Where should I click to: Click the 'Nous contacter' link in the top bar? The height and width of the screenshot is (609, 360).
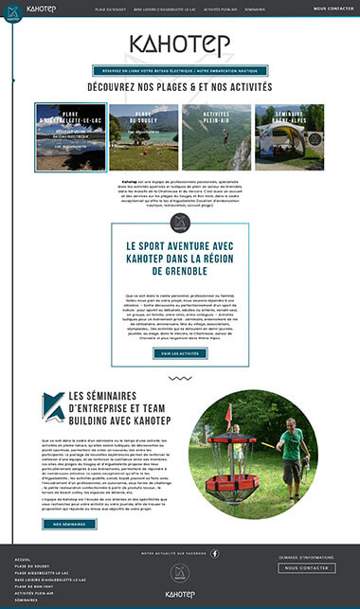333,8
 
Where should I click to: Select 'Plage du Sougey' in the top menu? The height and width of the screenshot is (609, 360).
110,8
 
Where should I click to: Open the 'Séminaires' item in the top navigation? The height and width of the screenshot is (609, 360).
255,8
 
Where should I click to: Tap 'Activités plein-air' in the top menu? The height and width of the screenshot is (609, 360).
220,8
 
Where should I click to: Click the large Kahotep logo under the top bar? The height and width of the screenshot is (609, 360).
179,45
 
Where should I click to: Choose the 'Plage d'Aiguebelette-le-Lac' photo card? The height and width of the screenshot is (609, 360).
71,136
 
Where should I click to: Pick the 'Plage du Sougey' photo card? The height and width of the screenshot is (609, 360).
144,136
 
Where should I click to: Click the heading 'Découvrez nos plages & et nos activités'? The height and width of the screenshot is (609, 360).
179,86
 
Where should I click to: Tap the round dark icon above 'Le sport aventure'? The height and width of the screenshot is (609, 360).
180,223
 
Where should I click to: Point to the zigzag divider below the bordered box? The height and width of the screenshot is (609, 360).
180,377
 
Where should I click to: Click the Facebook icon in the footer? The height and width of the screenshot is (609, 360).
214,553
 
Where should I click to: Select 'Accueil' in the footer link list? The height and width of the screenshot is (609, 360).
23,560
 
